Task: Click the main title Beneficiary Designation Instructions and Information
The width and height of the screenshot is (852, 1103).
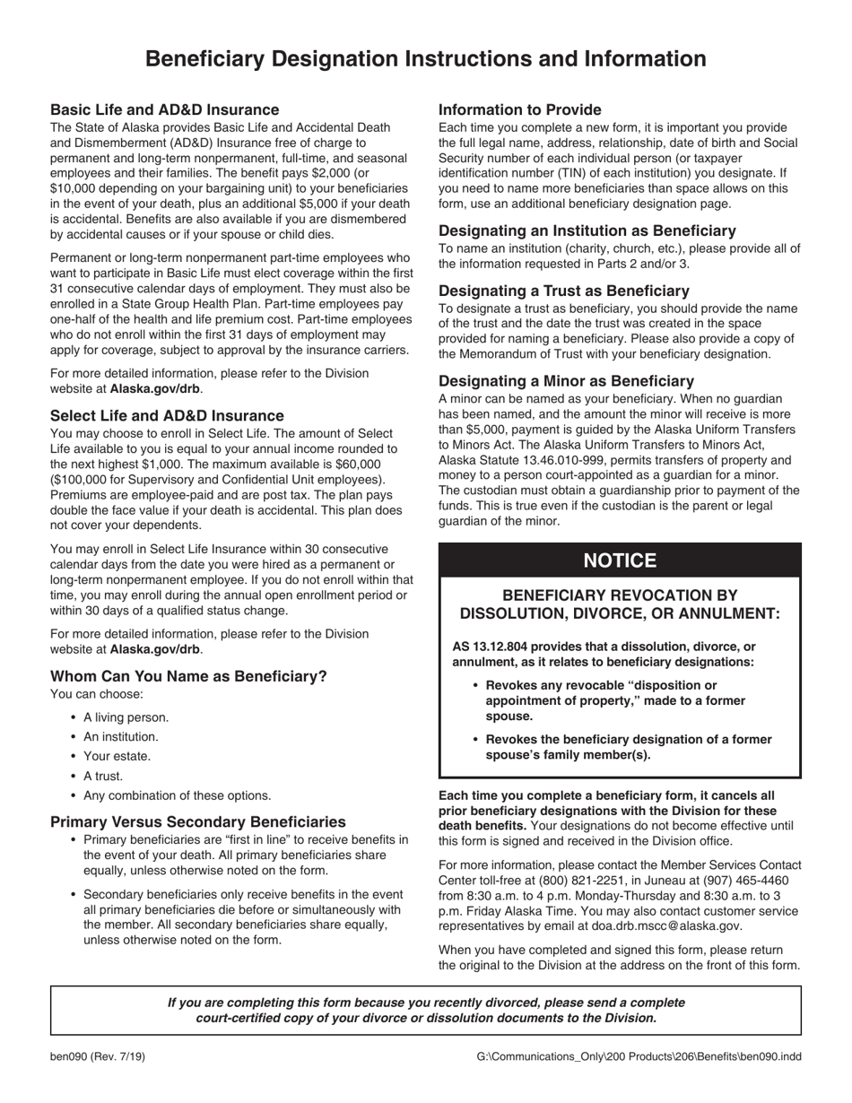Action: [425, 59]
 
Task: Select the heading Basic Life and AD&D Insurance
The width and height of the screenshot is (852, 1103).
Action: [164, 109]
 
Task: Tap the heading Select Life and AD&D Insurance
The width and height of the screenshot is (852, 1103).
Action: [167, 415]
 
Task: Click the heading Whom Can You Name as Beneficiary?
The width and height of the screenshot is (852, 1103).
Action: [188, 676]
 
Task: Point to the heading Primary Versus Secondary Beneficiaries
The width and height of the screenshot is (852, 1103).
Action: [197, 821]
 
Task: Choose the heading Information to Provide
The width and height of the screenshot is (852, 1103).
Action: [519, 109]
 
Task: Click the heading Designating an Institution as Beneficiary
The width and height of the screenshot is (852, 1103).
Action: [587, 230]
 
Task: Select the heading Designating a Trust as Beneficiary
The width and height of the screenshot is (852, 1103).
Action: [563, 291]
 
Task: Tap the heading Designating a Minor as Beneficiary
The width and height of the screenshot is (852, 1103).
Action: [566, 380]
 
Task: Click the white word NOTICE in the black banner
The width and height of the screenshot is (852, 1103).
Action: [620, 560]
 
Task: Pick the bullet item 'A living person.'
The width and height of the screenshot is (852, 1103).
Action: [126, 717]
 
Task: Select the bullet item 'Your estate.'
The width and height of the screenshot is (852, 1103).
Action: [117, 756]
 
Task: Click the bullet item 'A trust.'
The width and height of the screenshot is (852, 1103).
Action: [103, 776]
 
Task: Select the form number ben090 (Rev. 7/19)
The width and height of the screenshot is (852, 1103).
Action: [97, 1056]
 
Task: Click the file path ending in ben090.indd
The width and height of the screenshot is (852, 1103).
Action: [639, 1056]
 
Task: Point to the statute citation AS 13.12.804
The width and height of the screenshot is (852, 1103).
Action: [491, 647]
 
